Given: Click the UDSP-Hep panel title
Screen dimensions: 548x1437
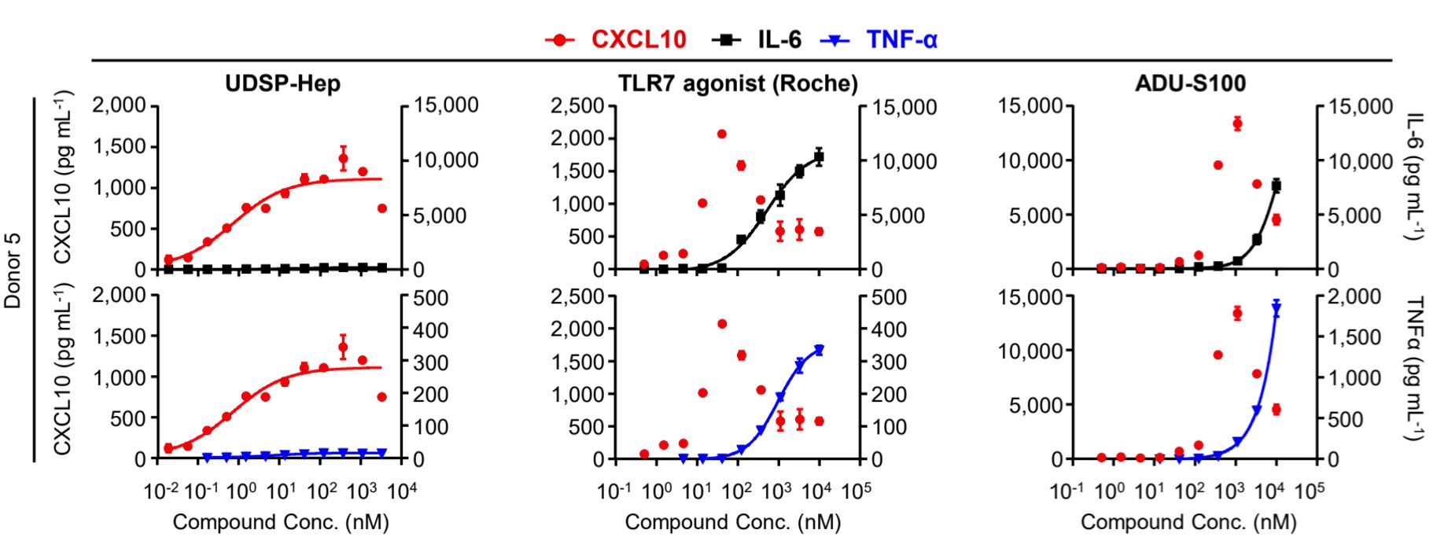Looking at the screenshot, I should point(282,83).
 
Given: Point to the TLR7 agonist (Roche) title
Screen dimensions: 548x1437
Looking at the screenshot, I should point(738,83).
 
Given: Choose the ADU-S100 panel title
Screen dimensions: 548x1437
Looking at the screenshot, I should point(1190,83).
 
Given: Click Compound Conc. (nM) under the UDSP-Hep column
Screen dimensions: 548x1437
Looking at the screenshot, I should point(281,522).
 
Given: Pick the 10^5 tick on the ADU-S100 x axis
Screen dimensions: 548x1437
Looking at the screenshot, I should point(1310,492).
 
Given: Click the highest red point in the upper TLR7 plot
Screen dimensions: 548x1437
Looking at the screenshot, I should point(721,134).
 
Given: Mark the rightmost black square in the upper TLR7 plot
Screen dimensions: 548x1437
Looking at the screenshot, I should point(819,157).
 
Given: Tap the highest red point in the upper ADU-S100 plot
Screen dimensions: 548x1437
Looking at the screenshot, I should point(1237,123).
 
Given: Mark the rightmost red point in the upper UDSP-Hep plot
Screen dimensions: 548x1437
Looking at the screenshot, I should point(382,208).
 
